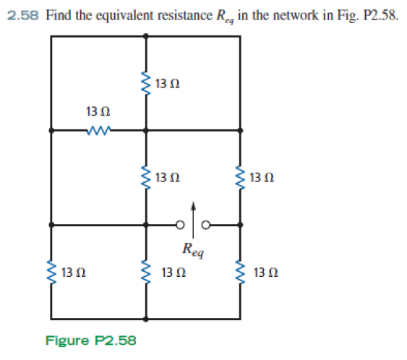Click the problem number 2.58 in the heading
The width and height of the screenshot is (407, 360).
[x=23, y=15]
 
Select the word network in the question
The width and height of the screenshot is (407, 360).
[x=296, y=15]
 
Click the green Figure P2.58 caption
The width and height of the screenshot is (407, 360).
[x=91, y=340]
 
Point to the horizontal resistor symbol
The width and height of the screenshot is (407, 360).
[x=98, y=130]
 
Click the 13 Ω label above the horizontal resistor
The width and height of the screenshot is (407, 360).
[x=98, y=112]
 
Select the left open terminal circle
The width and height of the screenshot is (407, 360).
[x=181, y=225]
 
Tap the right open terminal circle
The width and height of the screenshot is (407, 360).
[x=206, y=225]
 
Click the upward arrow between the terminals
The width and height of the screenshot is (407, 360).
[x=193, y=220]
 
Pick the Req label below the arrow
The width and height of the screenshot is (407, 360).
[x=193, y=250]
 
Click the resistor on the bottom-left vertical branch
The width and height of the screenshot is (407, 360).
[x=51, y=273]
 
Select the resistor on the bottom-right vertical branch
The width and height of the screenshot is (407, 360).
[x=240, y=273]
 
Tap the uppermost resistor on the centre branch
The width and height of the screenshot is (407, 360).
[x=145, y=84]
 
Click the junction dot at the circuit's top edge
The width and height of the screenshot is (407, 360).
[x=146, y=36]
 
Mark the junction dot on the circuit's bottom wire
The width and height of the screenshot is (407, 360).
[x=146, y=319]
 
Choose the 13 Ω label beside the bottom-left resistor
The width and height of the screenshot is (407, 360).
[x=74, y=273]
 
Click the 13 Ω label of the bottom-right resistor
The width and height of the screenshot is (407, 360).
[x=266, y=273]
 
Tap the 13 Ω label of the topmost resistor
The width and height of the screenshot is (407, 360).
[x=168, y=84]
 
